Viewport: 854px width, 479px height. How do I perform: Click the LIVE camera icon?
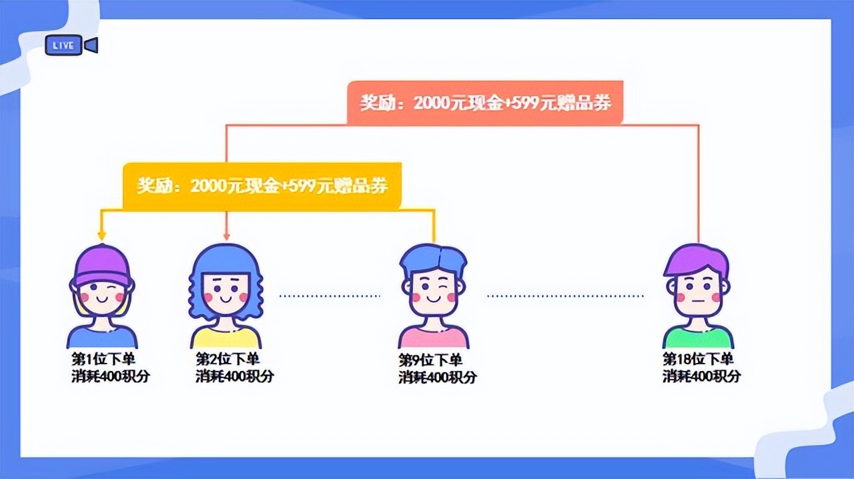(x=71, y=45)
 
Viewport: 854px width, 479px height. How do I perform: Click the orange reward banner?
(x=484, y=103)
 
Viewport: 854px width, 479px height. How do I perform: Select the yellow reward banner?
(x=262, y=185)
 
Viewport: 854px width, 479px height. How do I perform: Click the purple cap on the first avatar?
(x=101, y=263)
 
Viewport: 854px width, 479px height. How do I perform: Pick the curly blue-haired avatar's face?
(x=226, y=294)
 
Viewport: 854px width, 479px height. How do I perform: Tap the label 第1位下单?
(x=103, y=358)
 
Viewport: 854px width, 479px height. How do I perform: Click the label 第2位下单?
(x=228, y=358)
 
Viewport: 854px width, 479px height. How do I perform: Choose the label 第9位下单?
(x=430, y=360)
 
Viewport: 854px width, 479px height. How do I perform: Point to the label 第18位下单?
(x=698, y=358)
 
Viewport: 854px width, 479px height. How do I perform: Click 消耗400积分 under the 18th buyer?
(x=701, y=376)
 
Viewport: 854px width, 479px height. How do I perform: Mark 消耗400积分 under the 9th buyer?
(x=438, y=377)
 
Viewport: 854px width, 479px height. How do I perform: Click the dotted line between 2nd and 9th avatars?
(x=329, y=295)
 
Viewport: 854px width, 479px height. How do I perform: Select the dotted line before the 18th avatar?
(x=566, y=295)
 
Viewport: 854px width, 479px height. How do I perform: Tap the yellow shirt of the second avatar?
(x=226, y=337)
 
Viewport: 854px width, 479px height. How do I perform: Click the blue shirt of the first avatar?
(x=101, y=337)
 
